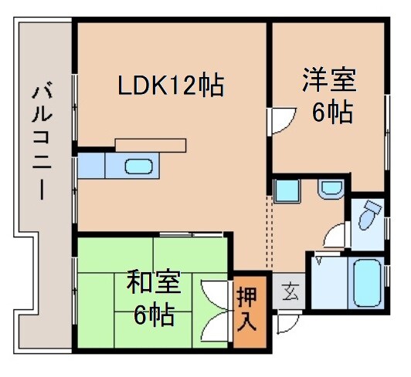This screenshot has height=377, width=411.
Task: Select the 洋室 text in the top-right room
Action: pyautogui.click(x=328, y=80)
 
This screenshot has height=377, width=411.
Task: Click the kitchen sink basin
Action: pyautogui.click(x=138, y=167)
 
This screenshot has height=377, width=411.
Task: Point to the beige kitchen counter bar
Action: pyautogui.click(x=151, y=144)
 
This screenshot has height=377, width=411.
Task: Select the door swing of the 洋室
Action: pyautogui.click(x=281, y=119)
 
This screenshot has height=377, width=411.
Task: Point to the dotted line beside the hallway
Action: pyautogui.click(x=270, y=231)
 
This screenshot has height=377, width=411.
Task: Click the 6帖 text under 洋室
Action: pyautogui.click(x=332, y=113)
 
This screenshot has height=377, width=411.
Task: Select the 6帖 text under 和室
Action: pyautogui.click(x=154, y=315)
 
